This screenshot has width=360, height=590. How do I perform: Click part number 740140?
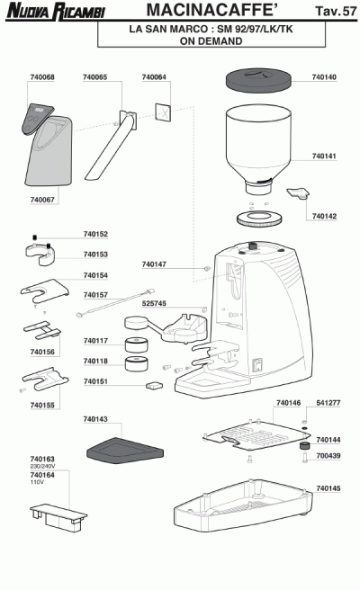pyautogui.click(x=324, y=77)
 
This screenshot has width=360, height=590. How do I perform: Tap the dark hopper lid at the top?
pyautogui.click(x=258, y=81)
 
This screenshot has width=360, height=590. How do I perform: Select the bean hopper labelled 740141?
pyautogui.click(x=258, y=148)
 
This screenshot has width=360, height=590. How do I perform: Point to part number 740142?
pyautogui.click(x=324, y=217)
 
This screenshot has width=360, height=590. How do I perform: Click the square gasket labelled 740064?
pyautogui.click(x=163, y=112)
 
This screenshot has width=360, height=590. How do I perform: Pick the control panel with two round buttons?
pyautogui.click(x=37, y=119)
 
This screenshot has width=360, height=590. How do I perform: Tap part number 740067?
pyautogui.click(x=42, y=200)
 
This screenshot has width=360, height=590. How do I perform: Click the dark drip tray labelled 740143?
pyautogui.click(x=125, y=450)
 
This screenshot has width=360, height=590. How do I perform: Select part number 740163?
pyautogui.click(x=42, y=459)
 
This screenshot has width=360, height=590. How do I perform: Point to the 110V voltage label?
pyautogui.click(x=37, y=482)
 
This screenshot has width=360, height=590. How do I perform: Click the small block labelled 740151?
pyautogui.click(x=153, y=385)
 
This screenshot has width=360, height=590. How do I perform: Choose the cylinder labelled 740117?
pyautogui.click(x=136, y=344)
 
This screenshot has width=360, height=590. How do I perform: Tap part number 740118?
pyautogui.click(x=95, y=362)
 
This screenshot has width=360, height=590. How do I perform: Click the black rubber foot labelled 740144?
pyautogui.click(x=304, y=447)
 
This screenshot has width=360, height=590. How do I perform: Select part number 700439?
pyautogui.click(x=328, y=456)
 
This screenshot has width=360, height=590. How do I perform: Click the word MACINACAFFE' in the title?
pyautogui.click(x=212, y=10)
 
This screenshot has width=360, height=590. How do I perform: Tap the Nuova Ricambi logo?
pyautogui.click(x=56, y=11)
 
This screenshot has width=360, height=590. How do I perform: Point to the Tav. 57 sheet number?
pyautogui.click(x=336, y=11)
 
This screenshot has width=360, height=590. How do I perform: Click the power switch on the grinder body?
pyautogui.click(x=257, y=365)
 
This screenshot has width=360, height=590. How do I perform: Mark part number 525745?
pyautogui.click(x=154, y=303)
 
